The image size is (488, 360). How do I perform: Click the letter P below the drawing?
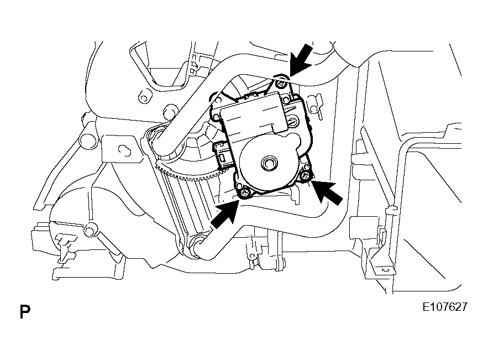coord(25,312)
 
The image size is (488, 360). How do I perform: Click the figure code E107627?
coord(445,307)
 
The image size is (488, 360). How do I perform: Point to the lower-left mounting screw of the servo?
coord(245,194)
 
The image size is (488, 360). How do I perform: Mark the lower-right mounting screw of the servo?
coord(306,175)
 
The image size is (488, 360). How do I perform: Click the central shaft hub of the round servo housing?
coord(268,162)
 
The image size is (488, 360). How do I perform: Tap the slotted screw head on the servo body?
coord(292,120)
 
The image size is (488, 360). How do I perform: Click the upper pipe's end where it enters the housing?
coord(158,139)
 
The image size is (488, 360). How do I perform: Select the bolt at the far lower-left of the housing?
coord(90,231)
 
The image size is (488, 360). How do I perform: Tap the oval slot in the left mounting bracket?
coord(124,150)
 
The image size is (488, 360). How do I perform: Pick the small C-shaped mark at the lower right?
coord(386,269)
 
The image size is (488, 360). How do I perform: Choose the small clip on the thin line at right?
coord(391,211)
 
